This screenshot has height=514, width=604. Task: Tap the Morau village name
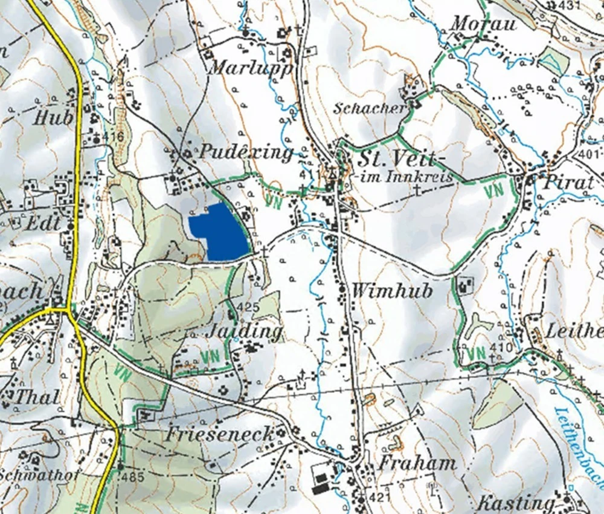click(484, 25)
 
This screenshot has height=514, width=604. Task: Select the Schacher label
click(370, 108)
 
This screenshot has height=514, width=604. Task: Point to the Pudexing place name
click(245, 152)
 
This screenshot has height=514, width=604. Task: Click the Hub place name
click(53, 117)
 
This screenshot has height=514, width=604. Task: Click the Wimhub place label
click(392, 291)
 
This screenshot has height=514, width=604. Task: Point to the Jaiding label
click(244, 331)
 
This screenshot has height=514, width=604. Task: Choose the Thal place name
click(36, 397)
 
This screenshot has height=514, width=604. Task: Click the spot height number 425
click(248, 307)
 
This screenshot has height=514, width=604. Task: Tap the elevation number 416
click(112, 137)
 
